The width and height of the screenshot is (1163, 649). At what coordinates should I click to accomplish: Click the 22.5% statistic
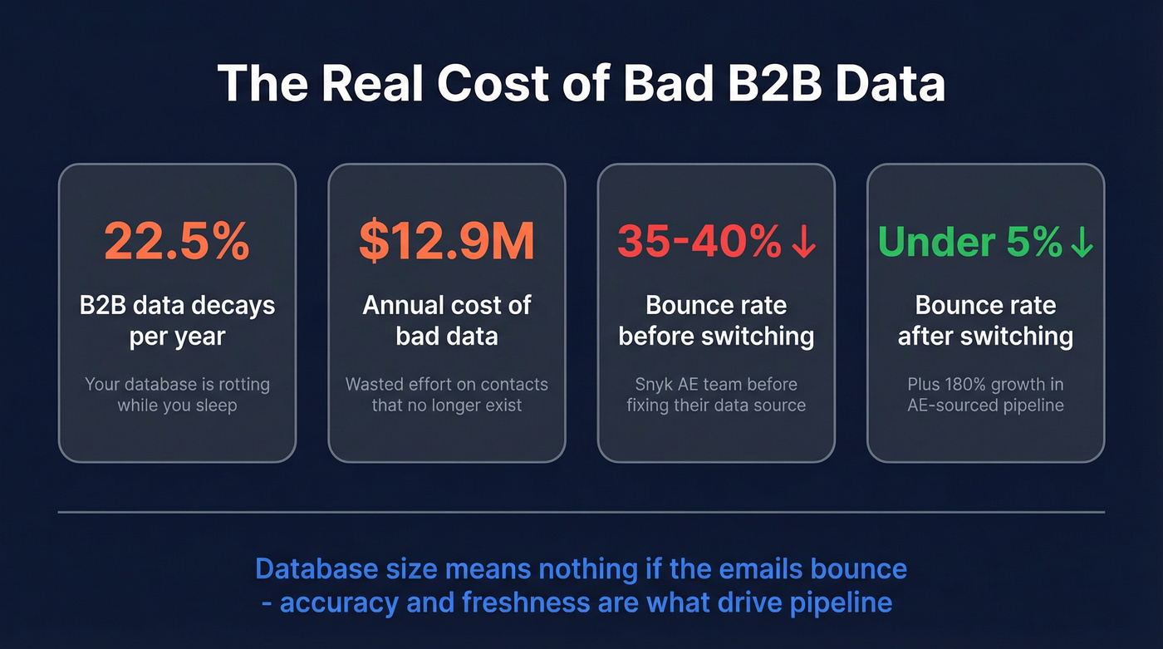tap(177, 241)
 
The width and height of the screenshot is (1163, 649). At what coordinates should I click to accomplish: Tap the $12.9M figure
tap(447, 241)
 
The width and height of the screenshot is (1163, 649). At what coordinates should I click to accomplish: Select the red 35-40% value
tap(699, 241)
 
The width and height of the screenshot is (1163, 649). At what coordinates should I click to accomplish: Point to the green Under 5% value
tap(969, 241)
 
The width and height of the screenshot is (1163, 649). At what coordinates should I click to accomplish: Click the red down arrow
tap(804, 241)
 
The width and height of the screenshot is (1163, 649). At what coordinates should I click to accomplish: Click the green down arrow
tap(1082, 241)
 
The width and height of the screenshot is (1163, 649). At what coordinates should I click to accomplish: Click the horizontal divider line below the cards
tap(581, 512)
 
